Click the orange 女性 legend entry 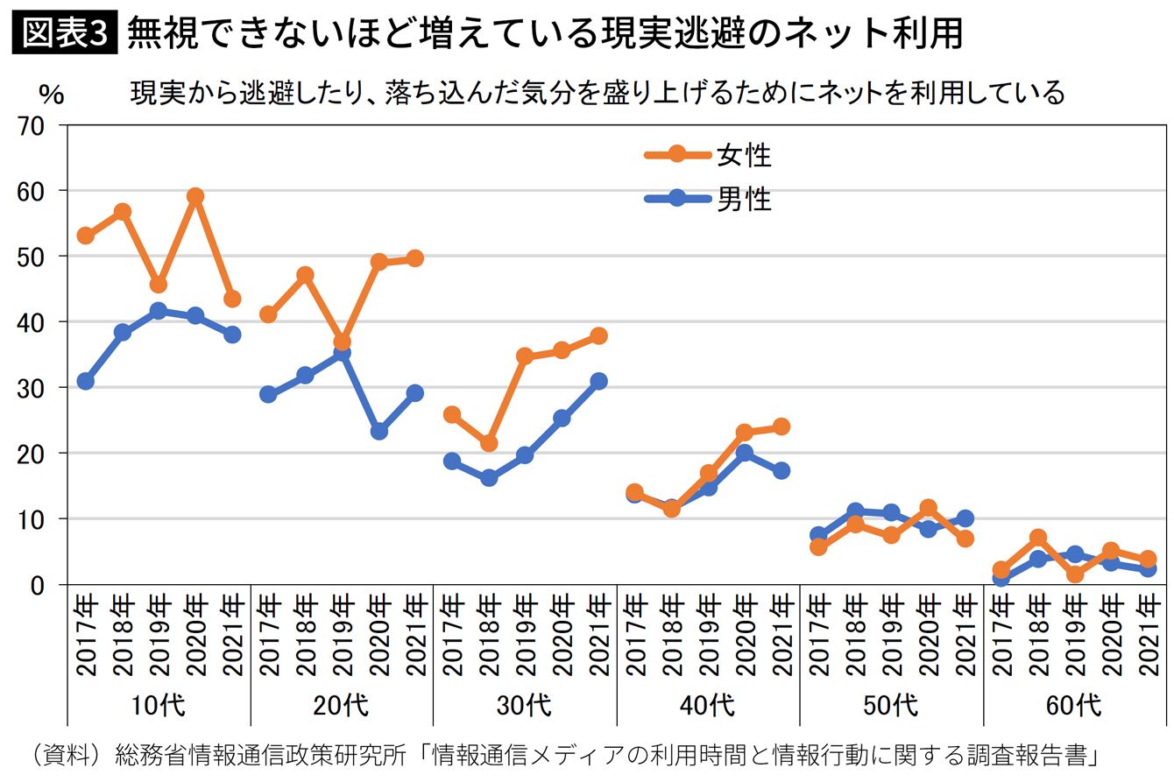(x=708, y=155)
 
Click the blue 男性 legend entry (x=708, y=199)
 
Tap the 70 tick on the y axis (x=31, y=127)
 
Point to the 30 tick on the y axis (x=31, y=389)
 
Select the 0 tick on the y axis (x=37, y=586)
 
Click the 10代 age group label (x=158, y=706)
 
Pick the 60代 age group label (x=1074, y=706)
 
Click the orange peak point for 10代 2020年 (x=195, y=196)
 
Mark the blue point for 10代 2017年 (x=86, y=381)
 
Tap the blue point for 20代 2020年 (x=378, y=432)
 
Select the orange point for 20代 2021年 (x=415, y=258)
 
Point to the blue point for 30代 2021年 (x=598, y=381)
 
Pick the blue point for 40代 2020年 (x=744, y=453)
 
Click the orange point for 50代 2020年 (x=928, y=508)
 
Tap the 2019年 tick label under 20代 (x=342, y=634)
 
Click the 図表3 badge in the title (x=65, y=32)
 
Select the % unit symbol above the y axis (x=52, y=95)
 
